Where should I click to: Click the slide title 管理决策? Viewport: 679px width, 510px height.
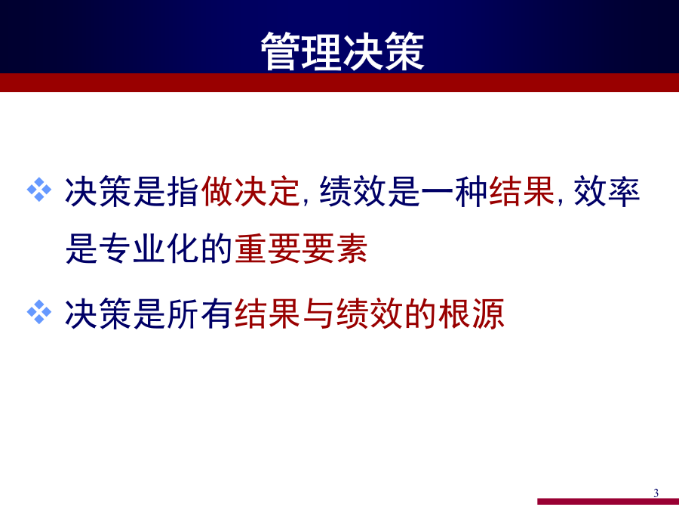tap(342, 51)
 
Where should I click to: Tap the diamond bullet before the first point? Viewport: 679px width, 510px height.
tap(39, 190)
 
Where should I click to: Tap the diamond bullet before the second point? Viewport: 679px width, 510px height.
tap(39, 312)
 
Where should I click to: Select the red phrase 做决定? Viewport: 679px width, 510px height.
tap(250, 191)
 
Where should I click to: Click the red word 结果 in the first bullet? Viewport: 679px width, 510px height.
tap(522, 191)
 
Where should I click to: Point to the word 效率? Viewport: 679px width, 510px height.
tap(607, 191)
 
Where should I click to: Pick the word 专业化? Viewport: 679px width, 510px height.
tap(149, 249)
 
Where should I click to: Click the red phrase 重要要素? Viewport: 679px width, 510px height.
tap(301, 249)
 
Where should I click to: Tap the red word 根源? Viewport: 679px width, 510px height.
tap(472, 313)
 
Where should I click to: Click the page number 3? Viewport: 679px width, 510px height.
tap(656, 493)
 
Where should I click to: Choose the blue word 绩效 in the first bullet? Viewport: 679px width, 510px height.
tap(352, 191)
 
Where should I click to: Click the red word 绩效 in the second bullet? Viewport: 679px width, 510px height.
tap(370, 313)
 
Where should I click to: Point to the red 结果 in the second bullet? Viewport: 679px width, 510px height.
tap(267, 313)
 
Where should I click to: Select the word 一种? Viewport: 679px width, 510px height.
tap(454, 191)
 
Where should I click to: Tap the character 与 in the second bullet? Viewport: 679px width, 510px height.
tap(318, 313)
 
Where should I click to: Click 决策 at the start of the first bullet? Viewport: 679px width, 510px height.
tap(98, 191)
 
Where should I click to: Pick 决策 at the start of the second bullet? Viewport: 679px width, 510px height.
tap(98, 313)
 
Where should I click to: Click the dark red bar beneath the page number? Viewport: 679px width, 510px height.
tap(608, 502)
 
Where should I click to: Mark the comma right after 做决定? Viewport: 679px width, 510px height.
tap(306, 202)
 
